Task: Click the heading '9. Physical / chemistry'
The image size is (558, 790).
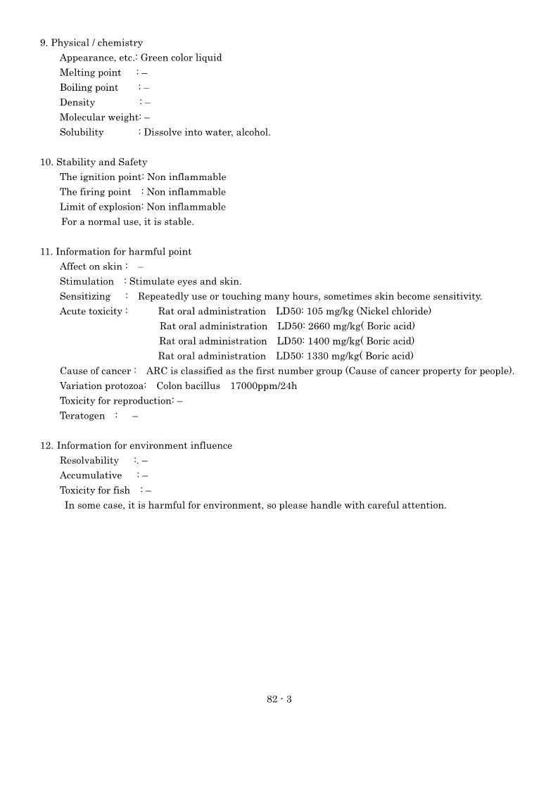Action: (x=91, y=43)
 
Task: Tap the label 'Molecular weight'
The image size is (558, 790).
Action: (x=99, y=117)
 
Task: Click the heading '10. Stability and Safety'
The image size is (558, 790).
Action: (x=94, y=162)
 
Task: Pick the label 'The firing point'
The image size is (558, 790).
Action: (x=95, y=192)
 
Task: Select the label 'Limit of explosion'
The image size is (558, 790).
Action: (x=101, y=207)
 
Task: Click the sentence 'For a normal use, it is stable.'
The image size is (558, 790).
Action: (x=127, y=222)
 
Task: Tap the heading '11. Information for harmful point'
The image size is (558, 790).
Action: (x=115, y=251)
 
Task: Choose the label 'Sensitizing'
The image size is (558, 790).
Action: (x=85, y=296)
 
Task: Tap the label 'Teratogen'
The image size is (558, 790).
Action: (x=82, y=416)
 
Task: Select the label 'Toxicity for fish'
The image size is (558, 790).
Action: (x=95, y=490)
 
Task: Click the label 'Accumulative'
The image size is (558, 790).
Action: (x=91, y=476)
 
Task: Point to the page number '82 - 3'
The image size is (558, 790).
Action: (x=279, y=699)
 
